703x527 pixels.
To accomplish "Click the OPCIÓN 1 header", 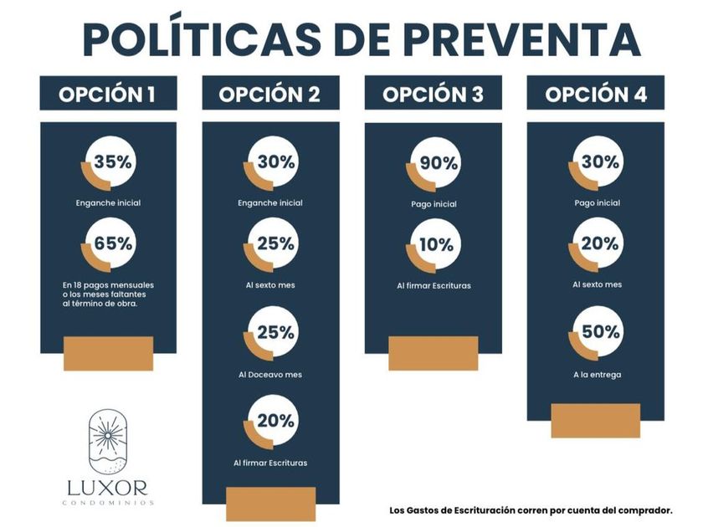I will click(x=108, y=93).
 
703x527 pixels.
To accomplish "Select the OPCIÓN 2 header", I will click(x=270, y=93).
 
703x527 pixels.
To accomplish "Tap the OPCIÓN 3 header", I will click(x=433, y=93).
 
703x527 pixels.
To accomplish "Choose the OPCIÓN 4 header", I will click(x=595, y=93).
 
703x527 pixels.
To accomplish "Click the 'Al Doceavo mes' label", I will click(x=270, y=374).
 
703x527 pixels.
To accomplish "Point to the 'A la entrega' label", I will click(x=597, y=374).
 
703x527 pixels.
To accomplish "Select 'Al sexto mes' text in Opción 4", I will click(x=597, y=284).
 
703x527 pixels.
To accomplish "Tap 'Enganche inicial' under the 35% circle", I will click(x=108, y=202).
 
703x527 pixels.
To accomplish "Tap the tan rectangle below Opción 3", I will click(x=433, y=353).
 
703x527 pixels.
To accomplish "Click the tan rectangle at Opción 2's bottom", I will click(x=270, y=504).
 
